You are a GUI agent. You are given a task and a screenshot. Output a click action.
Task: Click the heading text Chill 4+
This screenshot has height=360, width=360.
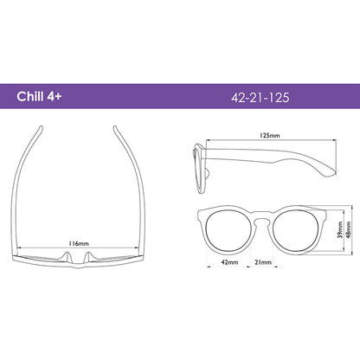pos(39,96)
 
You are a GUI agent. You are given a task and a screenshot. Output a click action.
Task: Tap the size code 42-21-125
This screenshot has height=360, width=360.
pos(260,98)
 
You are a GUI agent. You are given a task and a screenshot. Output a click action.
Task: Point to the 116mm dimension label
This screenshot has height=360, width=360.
pos(79,243)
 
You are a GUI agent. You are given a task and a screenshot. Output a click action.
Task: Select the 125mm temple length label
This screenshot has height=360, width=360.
pos(270,135)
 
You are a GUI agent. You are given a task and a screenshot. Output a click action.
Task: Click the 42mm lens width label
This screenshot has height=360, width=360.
pos(229,262)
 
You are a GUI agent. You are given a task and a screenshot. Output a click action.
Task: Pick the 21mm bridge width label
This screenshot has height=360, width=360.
pos(263,262)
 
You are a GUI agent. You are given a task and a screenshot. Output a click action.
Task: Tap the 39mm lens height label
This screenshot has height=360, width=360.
pos(340,229)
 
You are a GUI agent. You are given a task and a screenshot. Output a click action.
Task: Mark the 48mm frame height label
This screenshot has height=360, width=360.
pos(349,229)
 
